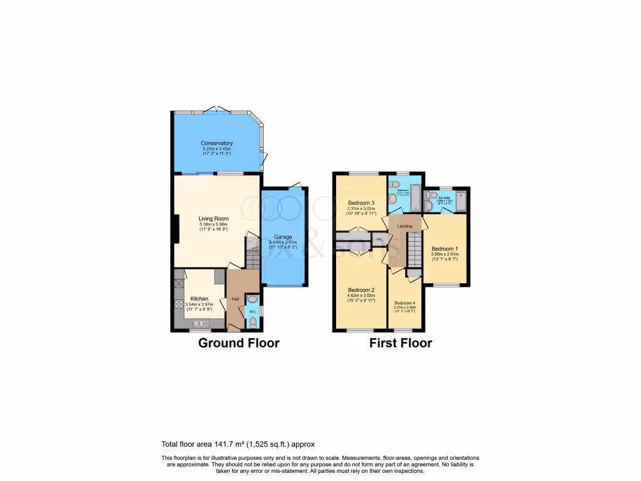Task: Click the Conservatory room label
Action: pos(217,143)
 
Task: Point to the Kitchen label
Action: pos(200,299)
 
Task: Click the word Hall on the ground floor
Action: pos(235,299)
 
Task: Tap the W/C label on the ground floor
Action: pos(252,311)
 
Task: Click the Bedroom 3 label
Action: pos(361,202)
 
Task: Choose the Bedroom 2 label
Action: pos(361,290)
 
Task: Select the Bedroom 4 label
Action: pos(404,303)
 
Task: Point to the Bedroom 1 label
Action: pos(445,249)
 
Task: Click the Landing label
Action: pos(404,225)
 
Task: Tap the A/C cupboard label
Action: pos(379,239)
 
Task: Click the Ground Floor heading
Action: pos(238,343)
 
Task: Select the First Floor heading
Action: pos(400,343)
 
